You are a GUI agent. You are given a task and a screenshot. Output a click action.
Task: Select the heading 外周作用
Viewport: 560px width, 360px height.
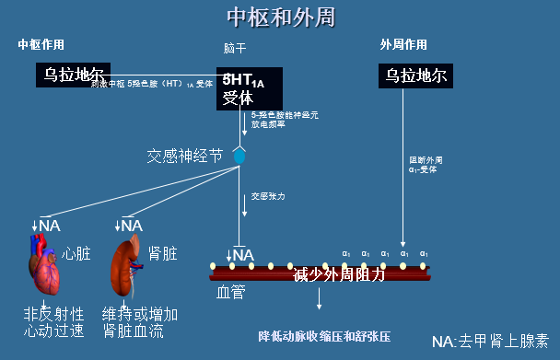tap(402, 44)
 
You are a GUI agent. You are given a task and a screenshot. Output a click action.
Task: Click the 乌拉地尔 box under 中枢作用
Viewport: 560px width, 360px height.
tap(70, 74)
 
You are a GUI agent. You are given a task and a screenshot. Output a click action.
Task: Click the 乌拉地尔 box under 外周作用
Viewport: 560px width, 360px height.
tap(416, 75)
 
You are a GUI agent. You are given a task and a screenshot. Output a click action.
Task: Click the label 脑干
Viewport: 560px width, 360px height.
tap(236, 47)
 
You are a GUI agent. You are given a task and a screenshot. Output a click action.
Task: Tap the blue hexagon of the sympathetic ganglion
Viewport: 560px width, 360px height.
tap(239, 155)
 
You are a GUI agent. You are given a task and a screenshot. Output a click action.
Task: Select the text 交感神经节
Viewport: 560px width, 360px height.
tap(185, 156)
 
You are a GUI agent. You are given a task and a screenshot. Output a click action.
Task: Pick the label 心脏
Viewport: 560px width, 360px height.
tap(76, 252)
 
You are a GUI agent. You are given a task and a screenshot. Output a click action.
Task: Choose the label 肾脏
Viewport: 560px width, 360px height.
tap(163, 252)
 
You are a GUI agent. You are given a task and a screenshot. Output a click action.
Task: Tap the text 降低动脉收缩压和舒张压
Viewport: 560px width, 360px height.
tap(325, 335)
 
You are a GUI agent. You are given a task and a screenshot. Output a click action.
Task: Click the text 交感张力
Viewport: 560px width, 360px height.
tap(268, 196)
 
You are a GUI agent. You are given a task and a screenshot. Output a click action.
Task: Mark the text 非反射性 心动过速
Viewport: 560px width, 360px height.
tap(53, 321)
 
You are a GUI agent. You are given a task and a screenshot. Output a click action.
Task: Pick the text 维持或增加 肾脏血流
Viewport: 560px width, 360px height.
tap(140, 321)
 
